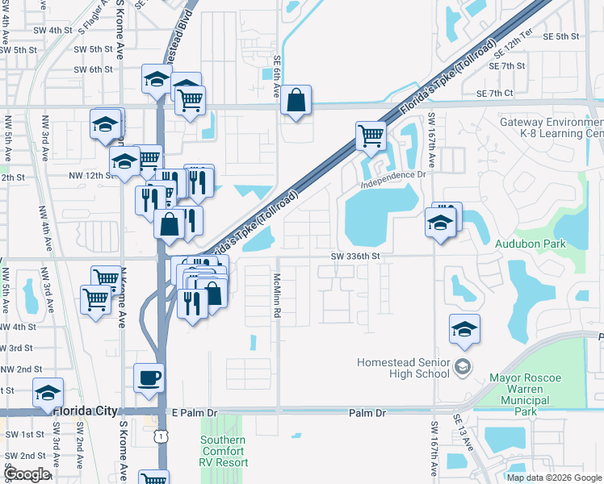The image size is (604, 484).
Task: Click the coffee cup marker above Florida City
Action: [149, 377]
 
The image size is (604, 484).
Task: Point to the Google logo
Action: [27, 474]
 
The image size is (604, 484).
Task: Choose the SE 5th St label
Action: [561, 36]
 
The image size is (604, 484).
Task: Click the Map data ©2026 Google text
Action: [554, 478]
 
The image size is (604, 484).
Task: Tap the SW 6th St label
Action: [93, 69]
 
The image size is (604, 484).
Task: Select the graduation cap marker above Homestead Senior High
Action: [464, 328]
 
